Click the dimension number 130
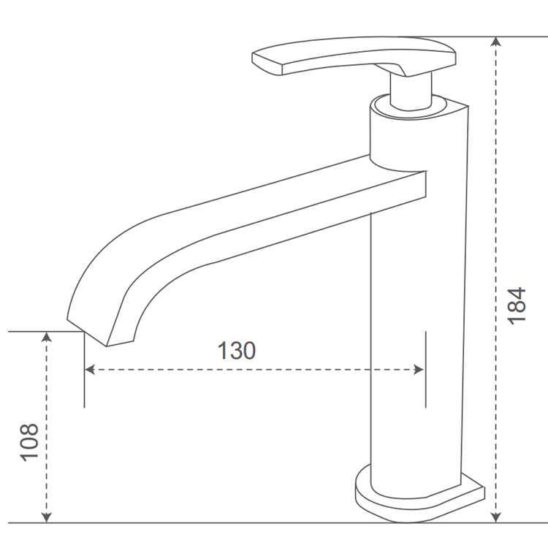point(237,350)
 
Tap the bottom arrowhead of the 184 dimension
point(496,517)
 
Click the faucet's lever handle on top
point(351,57)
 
